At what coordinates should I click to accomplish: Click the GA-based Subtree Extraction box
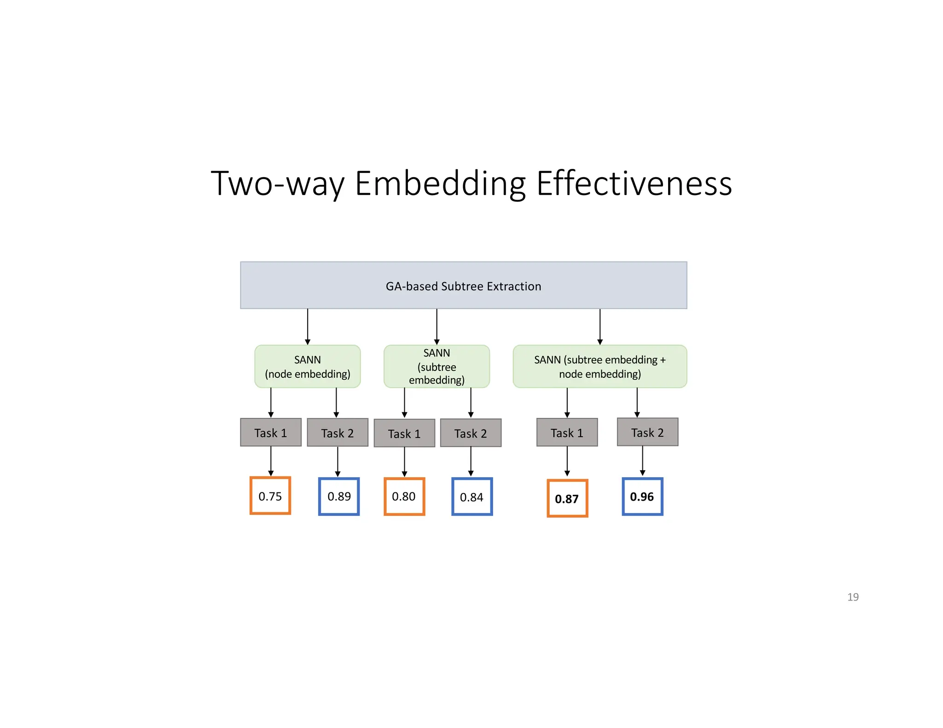click(463, 285)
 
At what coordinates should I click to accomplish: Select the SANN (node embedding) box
click(307, 366)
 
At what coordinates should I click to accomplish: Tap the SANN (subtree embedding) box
click(436, 366)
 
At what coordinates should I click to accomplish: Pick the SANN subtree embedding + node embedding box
click(600, 366)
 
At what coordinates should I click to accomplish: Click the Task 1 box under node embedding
click(270, 433)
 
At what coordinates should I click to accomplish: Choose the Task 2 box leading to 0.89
click(337, 433)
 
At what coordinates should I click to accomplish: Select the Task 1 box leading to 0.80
click(404, 433)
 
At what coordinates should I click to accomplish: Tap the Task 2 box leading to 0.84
click(470, 433)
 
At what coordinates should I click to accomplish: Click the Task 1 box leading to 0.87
click(566, 433)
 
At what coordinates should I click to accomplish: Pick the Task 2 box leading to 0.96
click(647, 432)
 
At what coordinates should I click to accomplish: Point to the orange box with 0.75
click(270, 496)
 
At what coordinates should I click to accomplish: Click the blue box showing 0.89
click(338, 496)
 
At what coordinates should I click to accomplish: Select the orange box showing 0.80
click(404, 496)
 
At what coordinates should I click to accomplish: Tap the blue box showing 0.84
click(471, 497)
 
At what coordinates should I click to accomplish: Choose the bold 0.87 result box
click(567, 498)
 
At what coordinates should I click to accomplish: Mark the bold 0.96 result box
click(642, 497)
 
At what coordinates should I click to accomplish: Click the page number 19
click(852, 597)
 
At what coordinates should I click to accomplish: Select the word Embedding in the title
click(440, 183)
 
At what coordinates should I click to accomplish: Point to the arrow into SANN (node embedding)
click(307, 327)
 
